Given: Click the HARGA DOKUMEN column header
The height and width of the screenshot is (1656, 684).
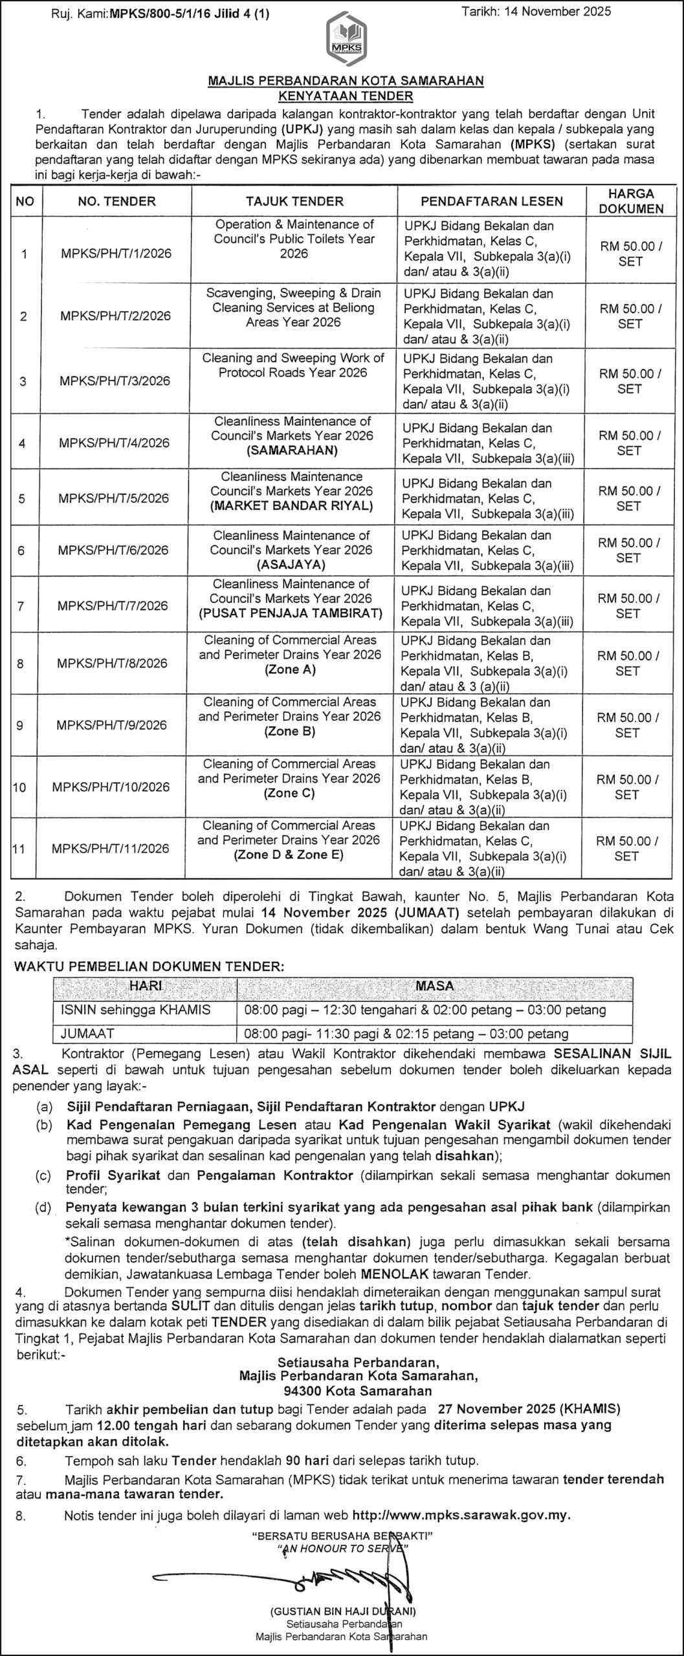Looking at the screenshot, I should pos(631,201).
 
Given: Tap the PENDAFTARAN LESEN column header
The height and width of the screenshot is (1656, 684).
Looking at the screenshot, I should pos(491,201).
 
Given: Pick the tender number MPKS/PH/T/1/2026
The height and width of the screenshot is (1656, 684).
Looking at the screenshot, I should pos(116,254).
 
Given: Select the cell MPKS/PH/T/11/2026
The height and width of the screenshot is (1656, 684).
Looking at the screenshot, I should pos(111,849).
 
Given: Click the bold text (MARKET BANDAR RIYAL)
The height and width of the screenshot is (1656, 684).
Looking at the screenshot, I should pos(292,506).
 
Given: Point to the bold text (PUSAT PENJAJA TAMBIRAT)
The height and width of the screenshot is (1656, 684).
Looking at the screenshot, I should pos(291,613).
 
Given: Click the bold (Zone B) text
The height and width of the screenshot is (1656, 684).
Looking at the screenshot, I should pos(289,732).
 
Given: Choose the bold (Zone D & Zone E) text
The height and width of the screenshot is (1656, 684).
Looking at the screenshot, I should pos(289,855).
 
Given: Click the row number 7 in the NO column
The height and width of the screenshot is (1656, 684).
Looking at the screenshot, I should pos(21,606).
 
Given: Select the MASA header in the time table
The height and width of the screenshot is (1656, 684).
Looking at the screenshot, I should pos(434,986).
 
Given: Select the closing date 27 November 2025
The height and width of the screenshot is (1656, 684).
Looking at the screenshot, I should pos(496,1408).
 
